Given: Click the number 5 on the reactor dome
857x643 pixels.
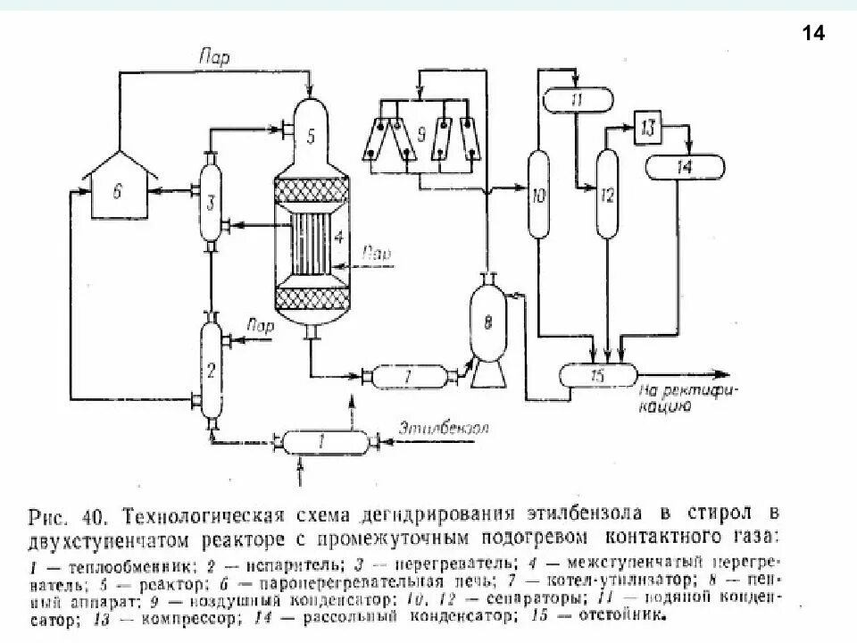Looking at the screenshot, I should (311, 137).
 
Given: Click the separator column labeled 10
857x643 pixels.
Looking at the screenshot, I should (537, 195).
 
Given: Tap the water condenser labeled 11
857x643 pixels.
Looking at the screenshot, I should (577, 99).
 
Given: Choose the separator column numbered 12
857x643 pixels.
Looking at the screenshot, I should (607, 194).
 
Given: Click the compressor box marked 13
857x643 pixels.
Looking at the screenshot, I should (648, 129).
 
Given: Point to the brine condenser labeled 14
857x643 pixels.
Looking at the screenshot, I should (685, 166).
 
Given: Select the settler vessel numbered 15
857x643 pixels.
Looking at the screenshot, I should (597, 375).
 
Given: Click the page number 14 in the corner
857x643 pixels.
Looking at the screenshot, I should (813, 34).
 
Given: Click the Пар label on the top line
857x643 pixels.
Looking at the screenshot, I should (213, 59).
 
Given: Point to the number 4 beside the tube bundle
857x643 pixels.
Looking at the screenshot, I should (338, 238).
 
